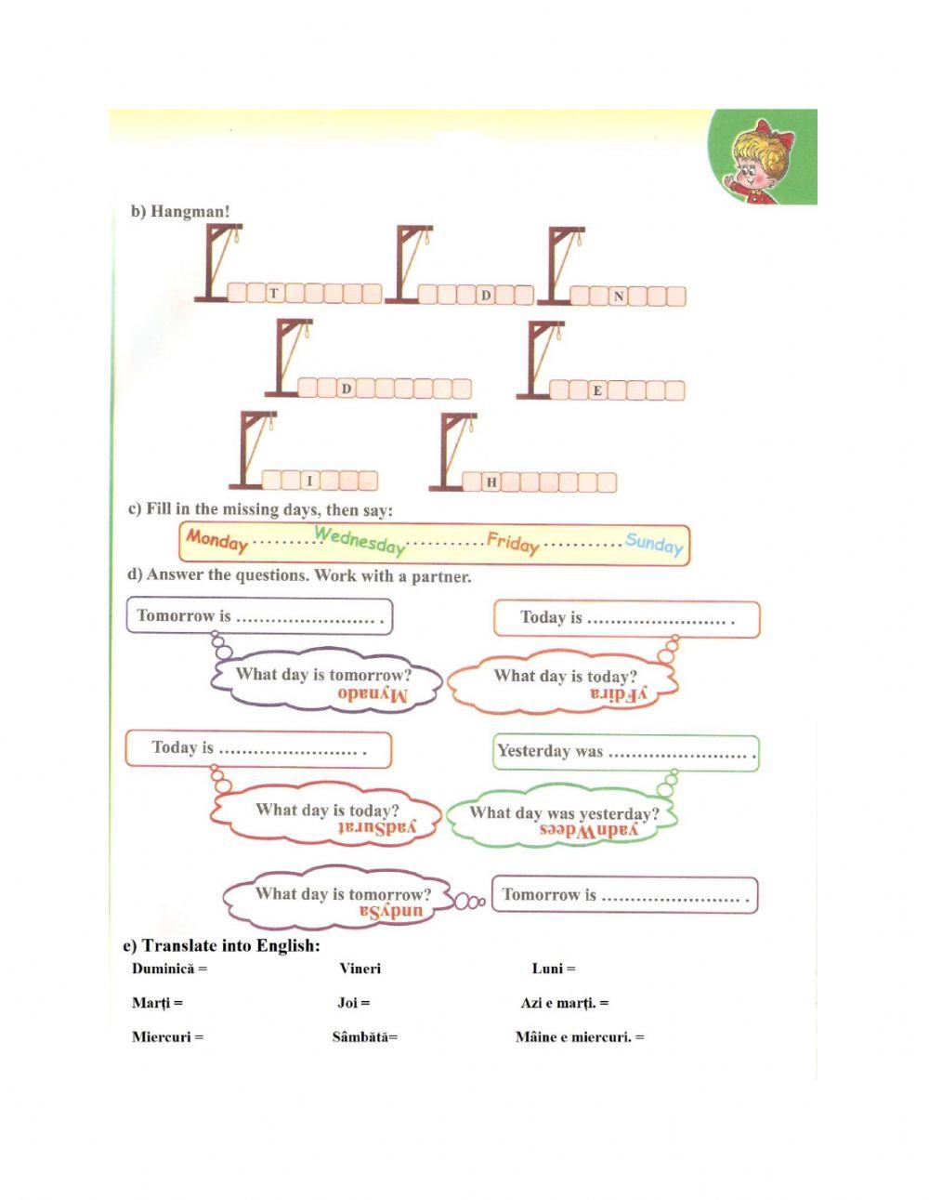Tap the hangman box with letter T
coord(273,293)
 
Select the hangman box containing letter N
coord(618,297)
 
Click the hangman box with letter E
coord(597,390)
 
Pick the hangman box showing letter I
coord(310,481)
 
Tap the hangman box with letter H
coord(491,481)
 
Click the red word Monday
coord(216,539)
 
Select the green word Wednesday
coord(360,539)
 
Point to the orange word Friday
coord(513,542)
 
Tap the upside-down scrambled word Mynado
coord(372,694)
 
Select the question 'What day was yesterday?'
coord(564,813)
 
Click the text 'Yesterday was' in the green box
coord(550,751)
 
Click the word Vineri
coord(360,969)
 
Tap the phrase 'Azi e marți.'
coord(558,1003)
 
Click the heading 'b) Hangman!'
coord(180,212)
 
